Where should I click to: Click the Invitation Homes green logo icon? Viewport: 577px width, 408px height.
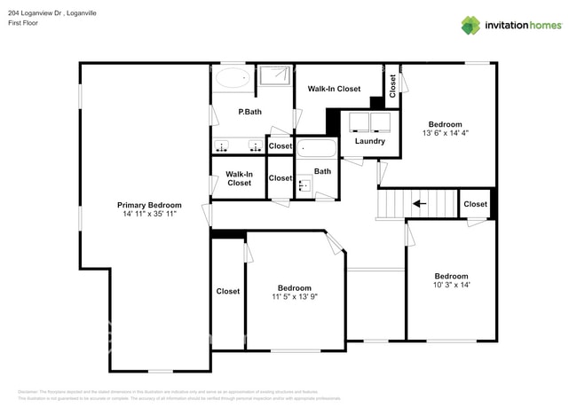pyautogui.click(x=470, y=25)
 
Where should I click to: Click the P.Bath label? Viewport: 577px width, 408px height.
pyautogui.click(x=249, y=112)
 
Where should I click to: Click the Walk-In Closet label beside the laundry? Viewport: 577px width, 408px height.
pyautogui.click(x=334, y=89)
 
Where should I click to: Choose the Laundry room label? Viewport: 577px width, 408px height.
pyautogui.click(x=369, y=141)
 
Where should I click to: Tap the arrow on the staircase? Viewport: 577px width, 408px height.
pyautogui.click(x=418, y=204)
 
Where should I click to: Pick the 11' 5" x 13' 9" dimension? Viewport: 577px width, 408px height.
pyautogui.click(x=294, y=297)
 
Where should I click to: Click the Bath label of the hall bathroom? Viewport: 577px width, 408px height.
pyautogui.click(x=322, y=171)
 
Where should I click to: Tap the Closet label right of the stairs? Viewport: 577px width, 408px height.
pyautogui.click(x=475, y=204)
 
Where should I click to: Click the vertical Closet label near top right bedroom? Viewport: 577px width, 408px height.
pyautogui.click(x=391, y=85)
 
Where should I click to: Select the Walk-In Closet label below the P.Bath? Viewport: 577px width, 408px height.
pyautogui.click(x=239, y=178)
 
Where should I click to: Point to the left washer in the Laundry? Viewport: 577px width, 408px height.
pyautogui.click(x=359, y=122)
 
